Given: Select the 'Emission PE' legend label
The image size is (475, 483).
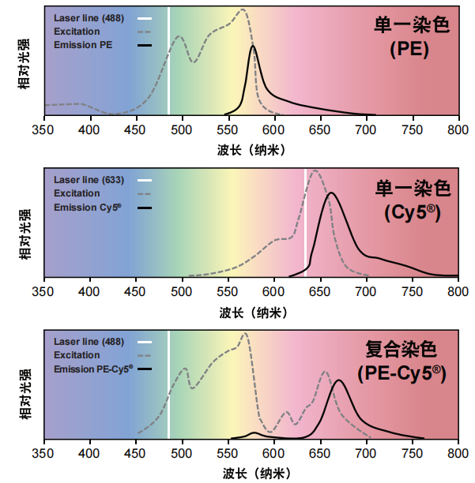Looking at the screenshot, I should [83, 45].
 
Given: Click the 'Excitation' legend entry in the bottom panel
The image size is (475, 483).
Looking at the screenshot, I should [77, 355].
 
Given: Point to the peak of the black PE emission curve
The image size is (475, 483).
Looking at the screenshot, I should [253, 47].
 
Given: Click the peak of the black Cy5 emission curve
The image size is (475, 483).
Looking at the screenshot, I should [331, 193].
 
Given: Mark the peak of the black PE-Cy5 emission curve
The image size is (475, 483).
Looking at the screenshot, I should [339, 380].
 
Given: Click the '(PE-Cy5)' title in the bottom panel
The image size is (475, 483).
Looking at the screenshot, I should [401, 373].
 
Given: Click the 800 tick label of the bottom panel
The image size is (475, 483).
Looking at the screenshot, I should [458, 455].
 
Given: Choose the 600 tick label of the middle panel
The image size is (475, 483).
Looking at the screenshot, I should [274, 293].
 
